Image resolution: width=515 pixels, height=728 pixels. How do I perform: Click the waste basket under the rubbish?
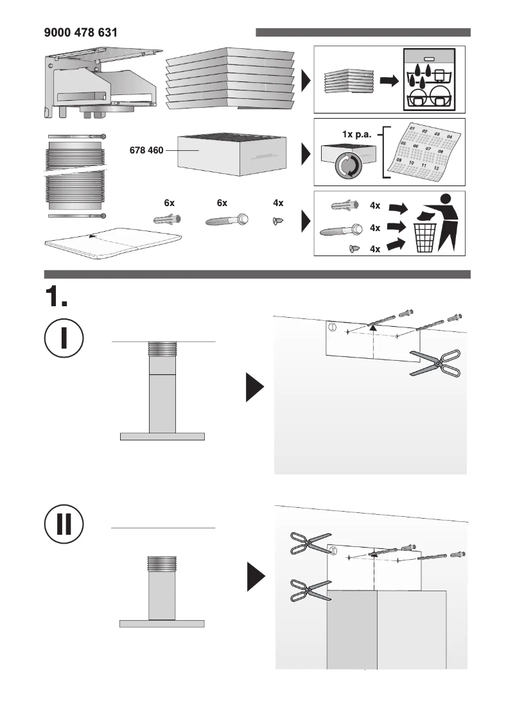click(424, 238)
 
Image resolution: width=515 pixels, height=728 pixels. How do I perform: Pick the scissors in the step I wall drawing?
click(436, 364)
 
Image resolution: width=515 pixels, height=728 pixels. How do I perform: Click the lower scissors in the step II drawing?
click(310, 591)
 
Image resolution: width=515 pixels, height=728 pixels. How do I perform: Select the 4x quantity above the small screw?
click(278, 203)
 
